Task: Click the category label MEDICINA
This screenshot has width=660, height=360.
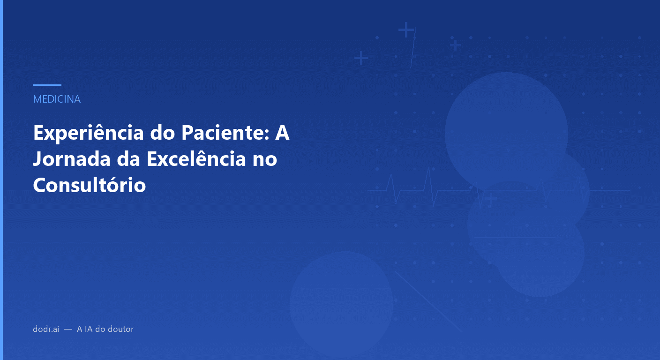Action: pyautogui.click(x=57, y=99)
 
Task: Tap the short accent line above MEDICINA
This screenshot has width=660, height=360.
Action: pyautogui.click(x=47, y=85)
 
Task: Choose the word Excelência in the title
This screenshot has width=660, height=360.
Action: pyautogui.click(x=196, y=159)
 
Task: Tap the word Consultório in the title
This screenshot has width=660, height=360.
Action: pyautogui.click(x=90, y=185)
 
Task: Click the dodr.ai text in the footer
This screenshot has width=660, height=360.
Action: pyautogui.click(x=46, y=329)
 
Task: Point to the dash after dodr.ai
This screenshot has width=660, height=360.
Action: pyautogui.click(x=68, y=330)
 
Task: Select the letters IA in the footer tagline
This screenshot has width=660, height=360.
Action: pyautogui.click(x=88, y=329)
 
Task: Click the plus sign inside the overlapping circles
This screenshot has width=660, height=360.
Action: pyautogui.click(x=491, y=199)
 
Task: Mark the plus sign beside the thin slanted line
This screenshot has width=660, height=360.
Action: pyautogui.click(x=406, y=30)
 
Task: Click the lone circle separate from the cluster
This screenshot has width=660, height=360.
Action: pyautogui.click(x=341, y=303)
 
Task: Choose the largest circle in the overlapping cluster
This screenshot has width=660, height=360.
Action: pyautogui.click(x=506, y=134)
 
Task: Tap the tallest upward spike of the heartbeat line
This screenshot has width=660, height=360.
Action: pyautogui.click(x=428, y=170)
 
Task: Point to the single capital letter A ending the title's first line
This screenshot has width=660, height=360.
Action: pyautogui.click(x=282, y=134)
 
